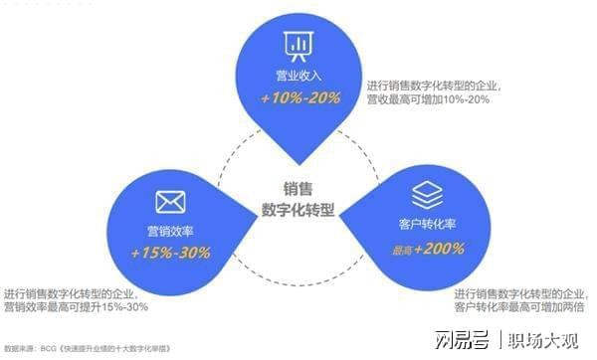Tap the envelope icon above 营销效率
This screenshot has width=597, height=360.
tap(171, 203)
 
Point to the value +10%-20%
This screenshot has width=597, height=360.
tap(299, 97)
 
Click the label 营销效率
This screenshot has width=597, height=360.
tap(170, 232)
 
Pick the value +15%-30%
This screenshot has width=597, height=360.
tap(171, 253)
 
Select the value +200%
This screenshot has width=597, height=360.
tap(438, 248)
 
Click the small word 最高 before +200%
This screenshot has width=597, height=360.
tap(397, 249)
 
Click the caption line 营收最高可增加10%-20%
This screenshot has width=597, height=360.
tap(427, 99)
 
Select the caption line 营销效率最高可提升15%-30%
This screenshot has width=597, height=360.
tap(77, 307)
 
